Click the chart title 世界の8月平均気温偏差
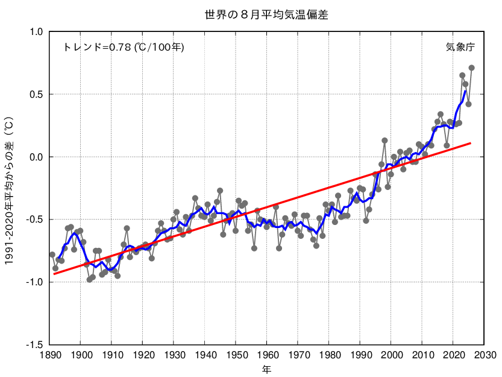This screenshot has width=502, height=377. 266,14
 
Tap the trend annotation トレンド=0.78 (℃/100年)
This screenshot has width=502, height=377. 124,47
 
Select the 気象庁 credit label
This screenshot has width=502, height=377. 460,47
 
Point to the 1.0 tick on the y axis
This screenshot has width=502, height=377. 36,32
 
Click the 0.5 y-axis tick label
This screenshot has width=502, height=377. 36,94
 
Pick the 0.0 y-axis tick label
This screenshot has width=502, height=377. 36,157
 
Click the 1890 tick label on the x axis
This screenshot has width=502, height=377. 49,355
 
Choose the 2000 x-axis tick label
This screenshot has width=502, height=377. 391,355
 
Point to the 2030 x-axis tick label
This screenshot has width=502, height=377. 484,355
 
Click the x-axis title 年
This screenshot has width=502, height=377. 267,370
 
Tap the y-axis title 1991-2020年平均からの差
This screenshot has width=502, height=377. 9,191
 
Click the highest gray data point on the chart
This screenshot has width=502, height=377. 472,68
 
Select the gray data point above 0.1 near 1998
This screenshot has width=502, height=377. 384,141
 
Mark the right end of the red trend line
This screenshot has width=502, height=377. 471,143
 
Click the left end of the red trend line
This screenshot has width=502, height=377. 54,274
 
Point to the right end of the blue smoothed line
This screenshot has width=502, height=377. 465,91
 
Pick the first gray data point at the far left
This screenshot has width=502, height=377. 52,255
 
